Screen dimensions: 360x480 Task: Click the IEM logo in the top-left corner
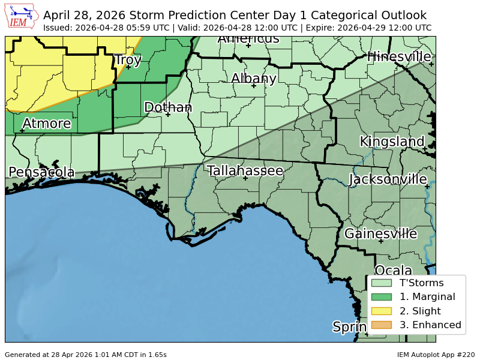pyautogui.click(x=22, y=17)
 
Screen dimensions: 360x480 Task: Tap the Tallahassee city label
pyautogui.click(x=245, y=171)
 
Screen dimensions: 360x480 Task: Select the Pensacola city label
pyautogui.click(x=41, y=173)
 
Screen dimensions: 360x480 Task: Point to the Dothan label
pyautogui.click(x=168, y=107)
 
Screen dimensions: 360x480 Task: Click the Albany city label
pyautogui.click(x=254, y=79)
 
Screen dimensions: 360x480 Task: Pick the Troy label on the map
pyautogui.click(x=128, y=60)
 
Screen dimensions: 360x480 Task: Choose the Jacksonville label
pyautogui.click(x=388, y=179)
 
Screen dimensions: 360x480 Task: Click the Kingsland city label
pyautogui.click(x=392, y=142)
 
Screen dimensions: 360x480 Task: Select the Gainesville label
pyautogui.click(x=380, y=234)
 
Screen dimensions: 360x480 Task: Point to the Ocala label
pyautogui.click(x=394, y=271)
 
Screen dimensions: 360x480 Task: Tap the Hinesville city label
pyautogui.click(x=399, y=57)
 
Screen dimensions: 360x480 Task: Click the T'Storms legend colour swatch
pyautogui.click(x=381, y=283)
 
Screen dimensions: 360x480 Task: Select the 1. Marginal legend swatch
pyautogui.click(x=381, y=297)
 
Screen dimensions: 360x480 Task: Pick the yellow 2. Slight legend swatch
pyautogui.click(x=381, y=311)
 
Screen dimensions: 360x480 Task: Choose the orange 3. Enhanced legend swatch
pyautogui.click(x=381, y=325)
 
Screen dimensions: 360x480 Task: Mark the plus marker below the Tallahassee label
pyautogui.click(x=245, y=178)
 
